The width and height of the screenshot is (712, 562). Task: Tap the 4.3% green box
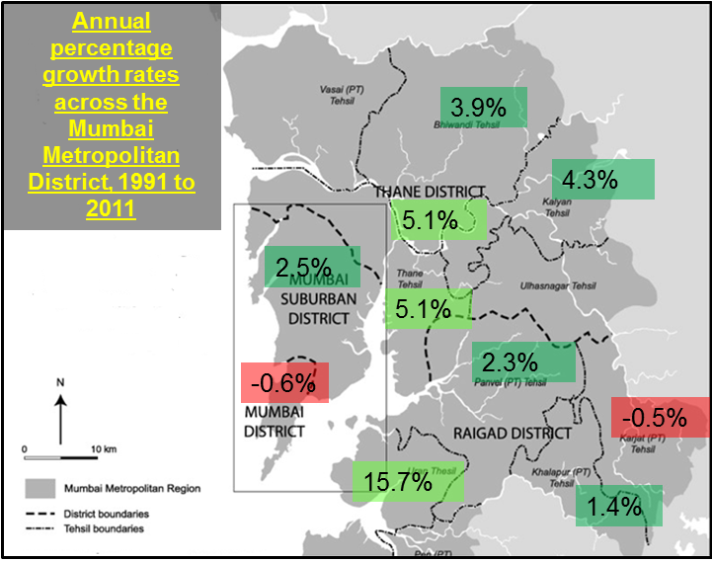pos(602,180)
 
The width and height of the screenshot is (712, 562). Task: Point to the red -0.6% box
pos(284,382)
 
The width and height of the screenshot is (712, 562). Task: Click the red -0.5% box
pos(660,417)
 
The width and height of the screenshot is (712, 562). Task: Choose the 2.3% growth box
pos(522,361)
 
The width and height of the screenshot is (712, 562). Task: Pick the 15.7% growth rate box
pos(408,482)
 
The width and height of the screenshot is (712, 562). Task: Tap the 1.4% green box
pos(616,508)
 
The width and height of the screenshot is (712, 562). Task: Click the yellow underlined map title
pos(111,115)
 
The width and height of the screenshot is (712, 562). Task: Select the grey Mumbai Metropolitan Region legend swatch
pos(40,488)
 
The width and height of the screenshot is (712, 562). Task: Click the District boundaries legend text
pos(107,514)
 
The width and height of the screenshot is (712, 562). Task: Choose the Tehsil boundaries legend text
pos(104,529)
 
